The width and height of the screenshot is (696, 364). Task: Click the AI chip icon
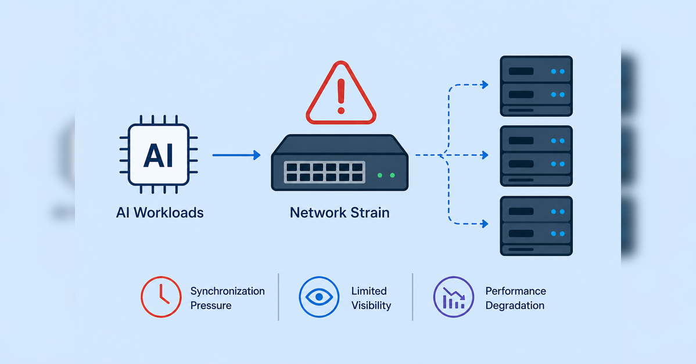pos(159,154)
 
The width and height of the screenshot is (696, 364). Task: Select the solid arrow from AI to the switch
pos(236,155)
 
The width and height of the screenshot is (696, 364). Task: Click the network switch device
pos(339,163)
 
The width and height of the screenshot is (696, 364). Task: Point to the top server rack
pos(536,86)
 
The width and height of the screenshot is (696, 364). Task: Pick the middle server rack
pos(536,156)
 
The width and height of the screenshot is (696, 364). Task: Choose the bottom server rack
pos(536,226)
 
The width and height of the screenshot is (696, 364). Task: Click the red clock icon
pos(161,297)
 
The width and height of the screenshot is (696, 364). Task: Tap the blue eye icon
pos(319,297)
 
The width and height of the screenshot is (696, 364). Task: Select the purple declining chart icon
pos(454,297)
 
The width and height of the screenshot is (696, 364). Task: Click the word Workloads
pos(168,213)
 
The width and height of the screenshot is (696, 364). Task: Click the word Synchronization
pos(228,291)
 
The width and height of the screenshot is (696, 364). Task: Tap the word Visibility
pos(371,305)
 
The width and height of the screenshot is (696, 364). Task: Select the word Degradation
pos(515,305)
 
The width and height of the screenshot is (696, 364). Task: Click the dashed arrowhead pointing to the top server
pos(485,84)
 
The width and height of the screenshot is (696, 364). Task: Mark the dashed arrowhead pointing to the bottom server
pos(485,224)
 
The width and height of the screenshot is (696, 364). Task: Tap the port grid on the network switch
pos(325,172)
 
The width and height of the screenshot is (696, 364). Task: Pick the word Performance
pos(516,291)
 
